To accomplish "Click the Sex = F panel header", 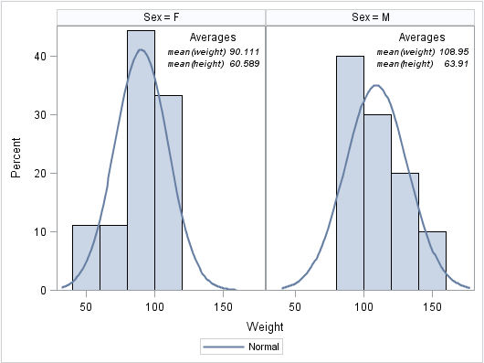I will (x=161, y=17).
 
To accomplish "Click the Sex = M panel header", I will (x=370, y=17).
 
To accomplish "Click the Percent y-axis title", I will (x=16, y=158).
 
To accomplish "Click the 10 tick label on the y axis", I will (x=40, y=231).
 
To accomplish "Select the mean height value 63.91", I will (x=456, y=64).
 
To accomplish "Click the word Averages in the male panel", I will (x=422, y=37).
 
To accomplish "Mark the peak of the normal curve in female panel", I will (x=141, y=49).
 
